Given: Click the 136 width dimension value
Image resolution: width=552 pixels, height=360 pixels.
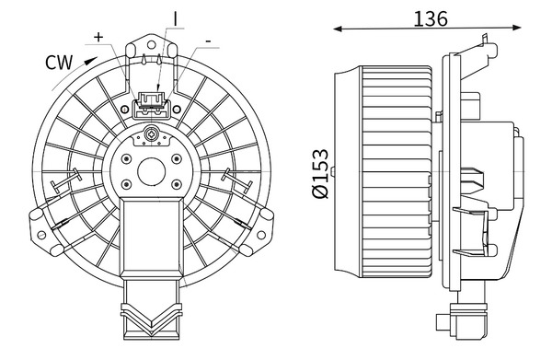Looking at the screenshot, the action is coord(431,19).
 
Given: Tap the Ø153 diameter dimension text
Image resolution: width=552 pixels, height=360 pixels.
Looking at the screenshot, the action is coord(320,174).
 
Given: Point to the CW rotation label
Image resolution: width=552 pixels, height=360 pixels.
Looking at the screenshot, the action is coord(59,63).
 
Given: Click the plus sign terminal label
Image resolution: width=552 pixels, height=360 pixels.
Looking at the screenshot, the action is coord(98,37).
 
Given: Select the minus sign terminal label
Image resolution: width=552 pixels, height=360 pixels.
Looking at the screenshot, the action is coord(209,41).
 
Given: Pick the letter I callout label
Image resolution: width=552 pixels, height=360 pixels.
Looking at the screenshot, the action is coord(175,19).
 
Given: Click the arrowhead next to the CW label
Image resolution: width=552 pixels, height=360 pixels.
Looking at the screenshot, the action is coord(90,61).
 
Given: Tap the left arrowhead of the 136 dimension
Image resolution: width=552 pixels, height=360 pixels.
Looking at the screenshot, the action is coord(338,29).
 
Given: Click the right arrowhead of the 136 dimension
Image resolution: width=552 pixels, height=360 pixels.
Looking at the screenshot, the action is coord(516,28).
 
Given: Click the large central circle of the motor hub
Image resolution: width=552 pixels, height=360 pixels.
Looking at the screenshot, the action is coord(152,172).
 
